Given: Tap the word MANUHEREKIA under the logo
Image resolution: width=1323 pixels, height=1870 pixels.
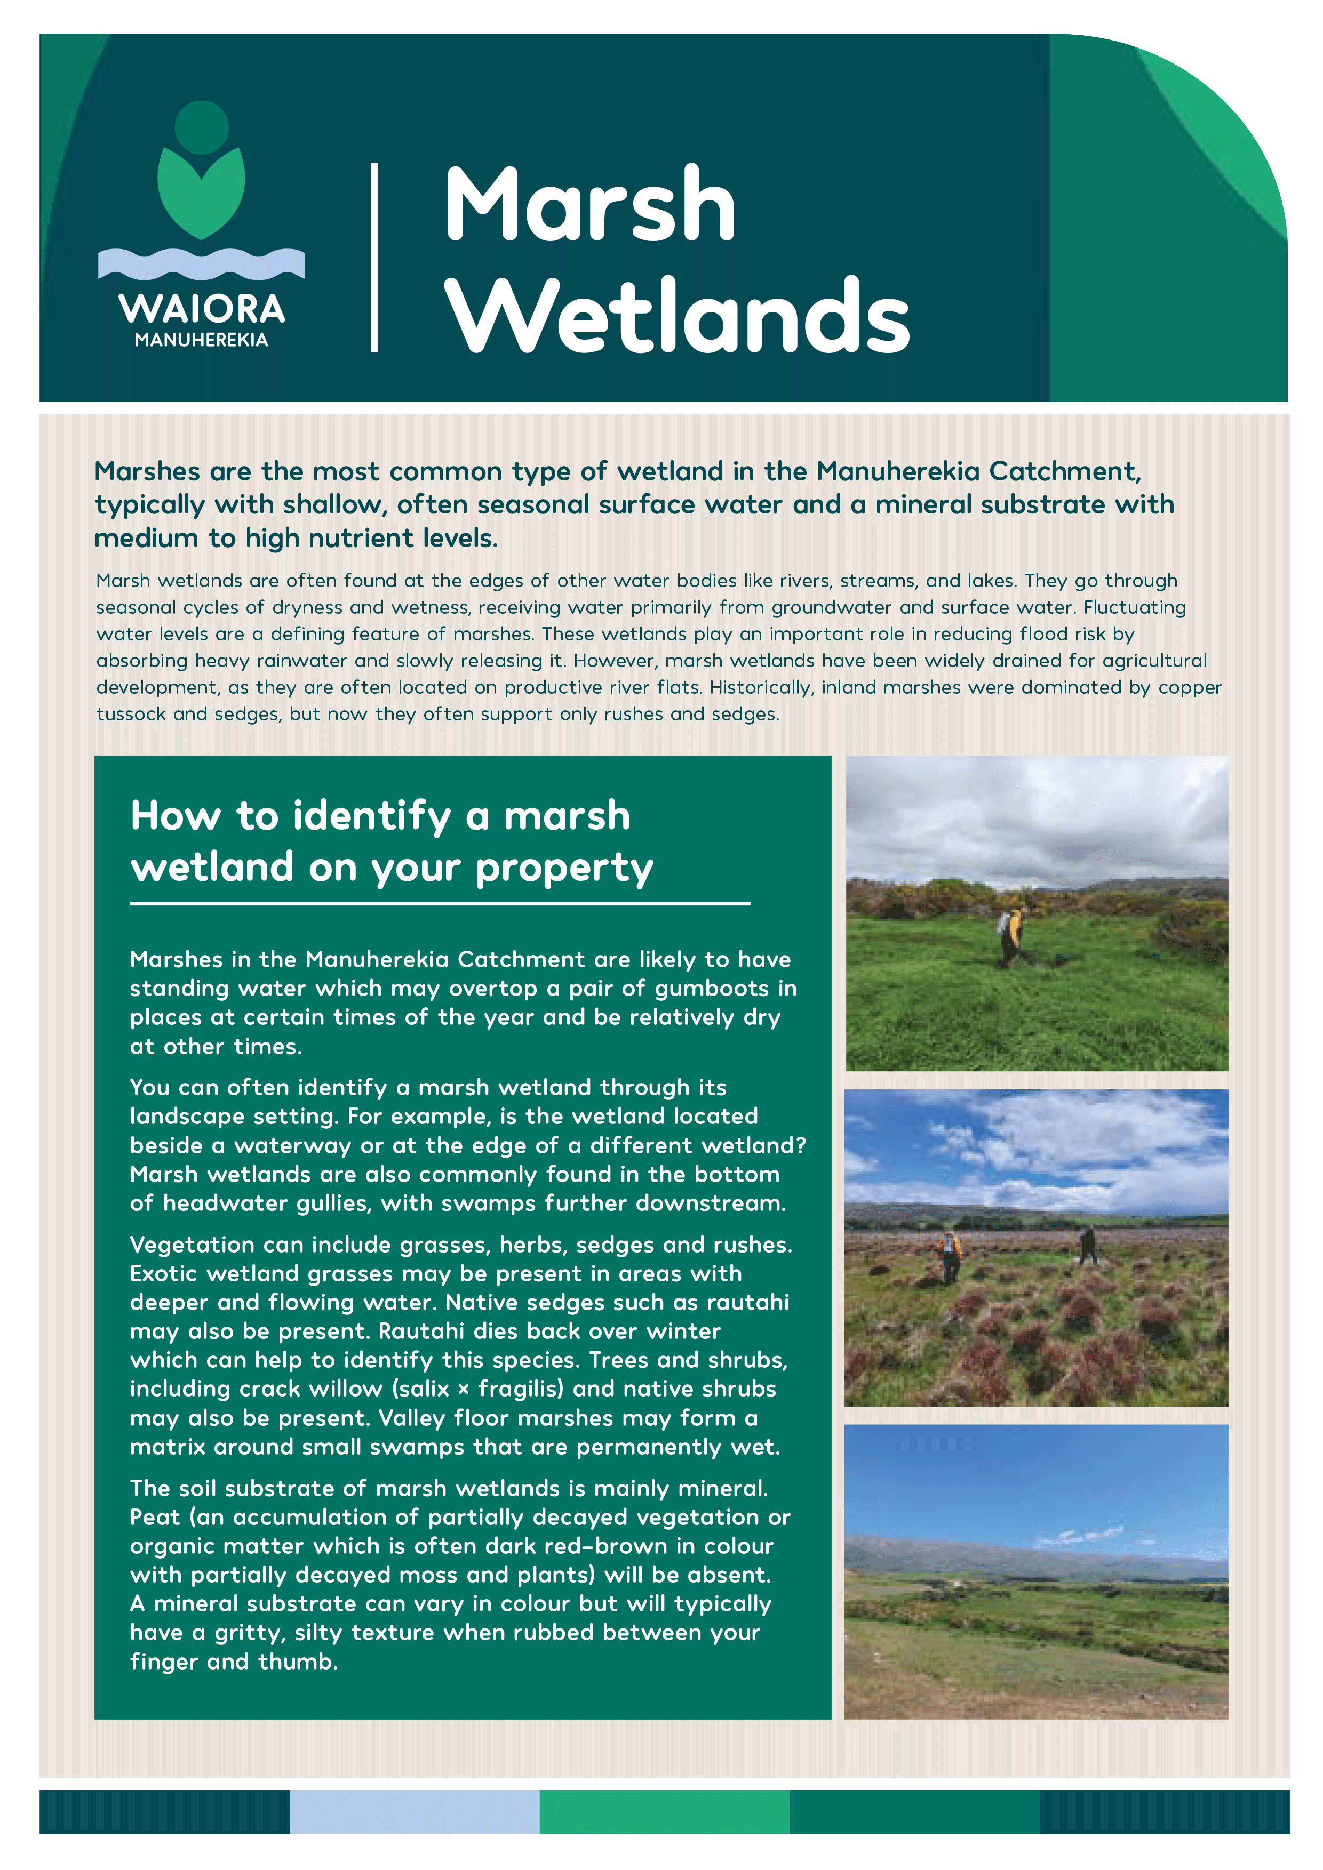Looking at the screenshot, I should point(201,340).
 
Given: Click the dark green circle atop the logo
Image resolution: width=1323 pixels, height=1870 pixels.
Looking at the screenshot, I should point(201,127).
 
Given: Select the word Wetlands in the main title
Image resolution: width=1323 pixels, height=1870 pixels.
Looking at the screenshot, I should point(678,316).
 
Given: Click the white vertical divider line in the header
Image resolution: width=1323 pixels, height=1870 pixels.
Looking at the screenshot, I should point(374,258).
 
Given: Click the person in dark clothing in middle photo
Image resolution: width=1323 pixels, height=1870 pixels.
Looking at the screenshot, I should point(1088,1245).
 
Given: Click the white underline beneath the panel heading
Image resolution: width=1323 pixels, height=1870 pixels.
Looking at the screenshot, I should point(440,904).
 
